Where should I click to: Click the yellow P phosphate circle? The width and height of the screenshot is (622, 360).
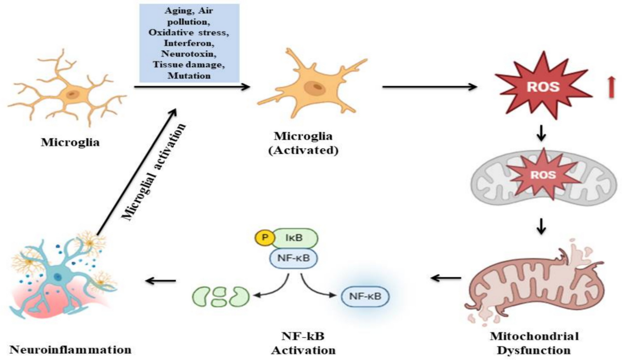[x=265, y=238]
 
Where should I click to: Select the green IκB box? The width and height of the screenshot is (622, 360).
[x=295, y=238]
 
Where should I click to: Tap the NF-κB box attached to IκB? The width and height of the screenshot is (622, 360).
[x=293, y=258]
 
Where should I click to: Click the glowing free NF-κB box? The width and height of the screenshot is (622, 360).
[x=365, y=296]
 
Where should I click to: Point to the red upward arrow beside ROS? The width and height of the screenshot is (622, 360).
[x=611, y=87]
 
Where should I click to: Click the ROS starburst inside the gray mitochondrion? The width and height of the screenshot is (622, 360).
[x=543, y=174]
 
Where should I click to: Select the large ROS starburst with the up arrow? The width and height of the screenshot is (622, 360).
[x=543, y=85]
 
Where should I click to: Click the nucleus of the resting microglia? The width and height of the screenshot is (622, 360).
[x=73, y=95]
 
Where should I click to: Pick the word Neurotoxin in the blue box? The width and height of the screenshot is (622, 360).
[x=189, y=53]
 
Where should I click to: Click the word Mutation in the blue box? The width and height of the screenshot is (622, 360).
[x=189, y=76]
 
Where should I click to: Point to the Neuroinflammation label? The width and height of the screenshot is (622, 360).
[x=70, y=350]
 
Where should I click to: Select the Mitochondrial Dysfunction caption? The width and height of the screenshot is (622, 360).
[x=534, y=343]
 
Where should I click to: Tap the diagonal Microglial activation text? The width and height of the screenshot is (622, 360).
[x=153, y=172]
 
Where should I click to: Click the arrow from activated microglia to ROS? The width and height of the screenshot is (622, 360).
[x=430, y=87]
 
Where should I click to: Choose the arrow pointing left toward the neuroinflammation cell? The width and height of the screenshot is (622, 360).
[x=161, y=281]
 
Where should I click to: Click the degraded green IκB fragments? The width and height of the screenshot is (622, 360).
[x=221, y=297]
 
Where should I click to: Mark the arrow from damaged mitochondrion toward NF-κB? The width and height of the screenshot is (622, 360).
[x=446, y=278]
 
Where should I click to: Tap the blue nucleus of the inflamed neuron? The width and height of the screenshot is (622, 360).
[x=58, y=277]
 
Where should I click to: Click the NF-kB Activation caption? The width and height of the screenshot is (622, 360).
[x=303, y=343]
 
